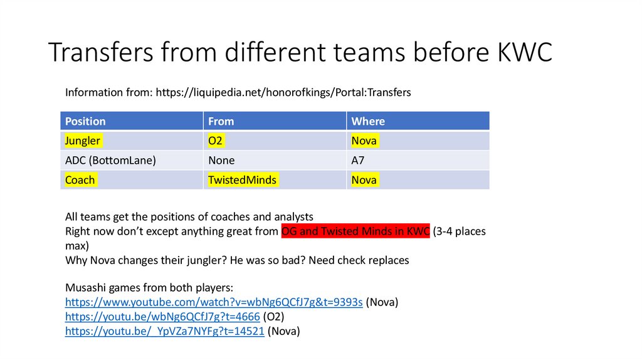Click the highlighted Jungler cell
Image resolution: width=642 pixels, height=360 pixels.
pyautogui.click(x=83, y=140)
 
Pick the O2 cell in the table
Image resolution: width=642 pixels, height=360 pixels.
pyautogui.click(x=216, y=140)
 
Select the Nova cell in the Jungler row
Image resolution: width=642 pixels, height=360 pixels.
pyautogui.click(x=364, y=140)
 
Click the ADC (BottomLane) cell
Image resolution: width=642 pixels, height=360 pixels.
pyautogui.click(x=110, y=160)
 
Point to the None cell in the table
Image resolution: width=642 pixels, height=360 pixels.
pyautogui.click(x=221, y=160)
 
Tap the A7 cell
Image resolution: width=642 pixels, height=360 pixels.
pyautogui.click(x=358, y=160)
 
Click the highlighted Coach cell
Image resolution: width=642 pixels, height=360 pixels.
pyautogui.click(x=80, y=180)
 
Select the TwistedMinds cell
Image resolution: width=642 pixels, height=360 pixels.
pyautogui.click(x=242, y=180)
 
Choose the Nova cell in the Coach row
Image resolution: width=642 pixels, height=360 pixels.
pyautogui.click(x=364, y=180)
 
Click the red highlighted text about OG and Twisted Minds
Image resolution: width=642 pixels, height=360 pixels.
pyautogui.click(x=355, y=231)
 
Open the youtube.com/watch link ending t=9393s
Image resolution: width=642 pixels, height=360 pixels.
pyautogui.click(x=214, y=302)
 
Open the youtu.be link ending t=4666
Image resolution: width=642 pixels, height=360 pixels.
pyautogui.click(x=162, y=317)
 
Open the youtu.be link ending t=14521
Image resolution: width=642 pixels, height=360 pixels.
pyautogui.click(x=164, y=331)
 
